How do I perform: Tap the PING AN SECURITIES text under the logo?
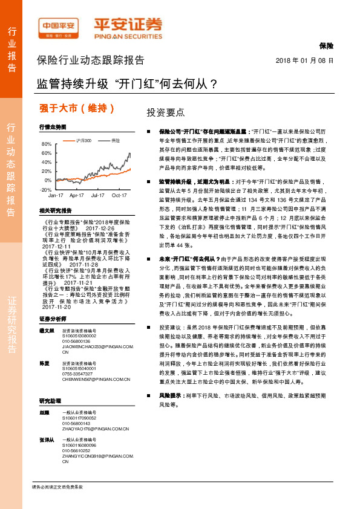pos(128,36)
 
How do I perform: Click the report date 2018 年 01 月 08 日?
pos(304,61)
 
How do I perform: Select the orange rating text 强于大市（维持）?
pos(77,109)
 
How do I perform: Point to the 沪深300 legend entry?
pos(84,141)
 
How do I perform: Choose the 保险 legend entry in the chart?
pos(113,141)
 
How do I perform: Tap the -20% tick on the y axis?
pos(45,189)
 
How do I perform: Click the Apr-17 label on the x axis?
pos(76,196)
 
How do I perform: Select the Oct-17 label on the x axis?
pos(119,196)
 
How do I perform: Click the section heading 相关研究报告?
pos(55,211)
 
